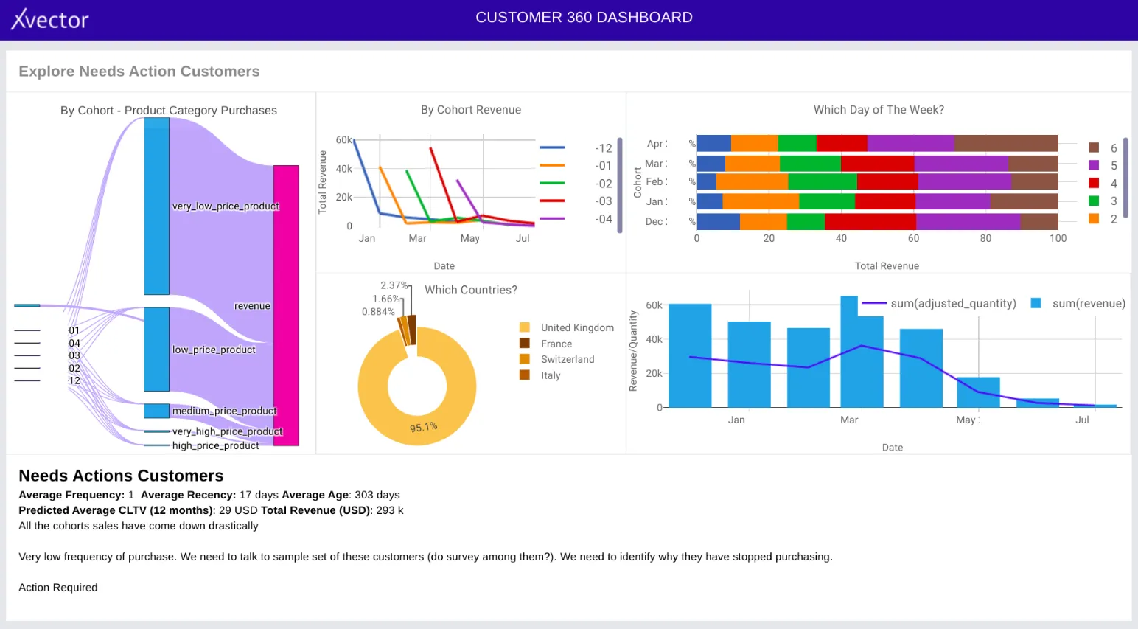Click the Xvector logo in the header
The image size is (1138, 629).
[x=49, y=19]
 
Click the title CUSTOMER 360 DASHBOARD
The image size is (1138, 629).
[x=584, y=17]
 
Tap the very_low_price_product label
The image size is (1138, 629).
[x=226, y=206]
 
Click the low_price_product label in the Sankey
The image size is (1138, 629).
[x=214, y=350]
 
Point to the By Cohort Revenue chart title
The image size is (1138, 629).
[x=471, y=110]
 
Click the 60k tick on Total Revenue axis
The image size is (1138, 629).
[x=343, y=140]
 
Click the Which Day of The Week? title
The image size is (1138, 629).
[x=879, y=110]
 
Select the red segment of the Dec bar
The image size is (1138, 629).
[x=870, y=221]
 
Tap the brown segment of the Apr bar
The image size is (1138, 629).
[x=1006, y=143]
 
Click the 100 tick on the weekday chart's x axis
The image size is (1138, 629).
[x=1058, y=238]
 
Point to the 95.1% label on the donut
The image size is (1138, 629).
[x=424, y=427]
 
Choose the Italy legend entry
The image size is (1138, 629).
[x=550, y=375]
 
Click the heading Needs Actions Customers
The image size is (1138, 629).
[x=121, y=476]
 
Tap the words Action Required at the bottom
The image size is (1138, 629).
[x=58, y=588]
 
